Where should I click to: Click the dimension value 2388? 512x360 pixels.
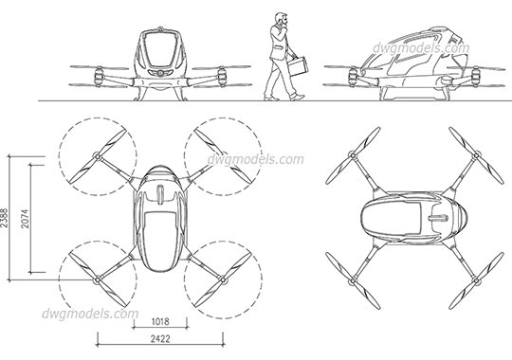click(7, 219)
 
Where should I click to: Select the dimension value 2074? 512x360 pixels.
click(27, 219)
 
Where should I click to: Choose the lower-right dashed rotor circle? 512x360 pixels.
click(219, 279)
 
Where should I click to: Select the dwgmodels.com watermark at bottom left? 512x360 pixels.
click(91, 314)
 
